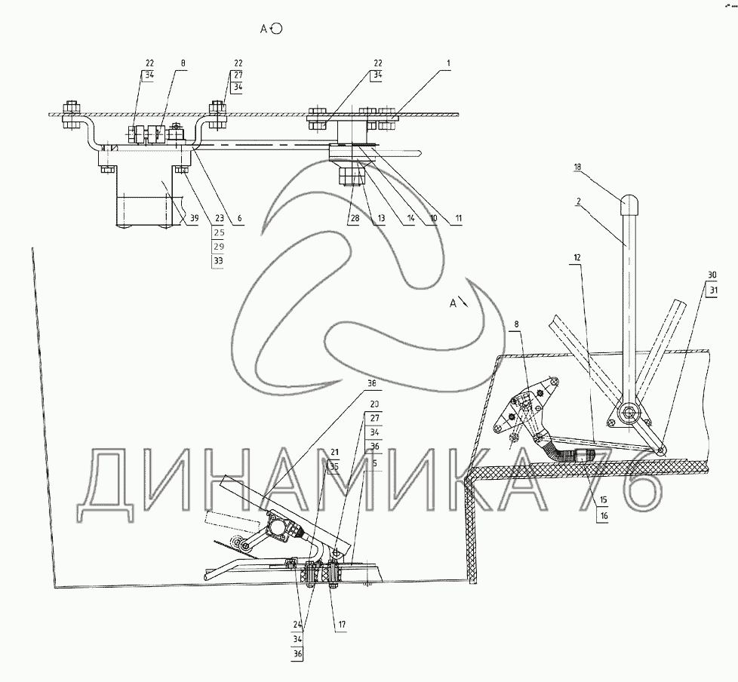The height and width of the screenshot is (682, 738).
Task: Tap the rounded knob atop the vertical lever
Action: tap(630, 204)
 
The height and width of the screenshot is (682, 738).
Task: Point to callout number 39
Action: tap(194, 219)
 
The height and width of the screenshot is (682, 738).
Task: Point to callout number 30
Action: tap(713, 275)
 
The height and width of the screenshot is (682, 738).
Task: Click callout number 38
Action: tap(371, 382)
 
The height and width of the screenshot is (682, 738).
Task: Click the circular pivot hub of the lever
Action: tap(627, 413)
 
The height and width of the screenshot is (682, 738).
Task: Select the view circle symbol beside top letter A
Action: tap(276, 29)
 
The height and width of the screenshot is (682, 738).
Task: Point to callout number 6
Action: tap(239, 219)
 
